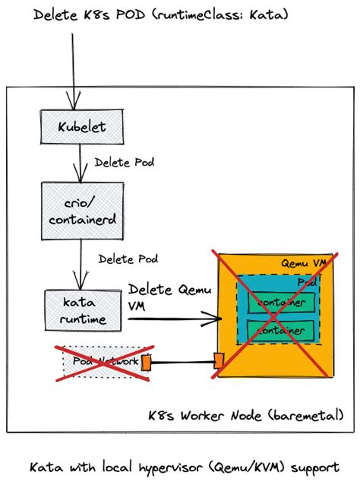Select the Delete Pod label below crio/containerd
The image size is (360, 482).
click(x=128, y=258)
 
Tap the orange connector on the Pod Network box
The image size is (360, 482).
click(x=146, y=363)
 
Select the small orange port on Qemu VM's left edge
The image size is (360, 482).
click(x=219, y=360)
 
